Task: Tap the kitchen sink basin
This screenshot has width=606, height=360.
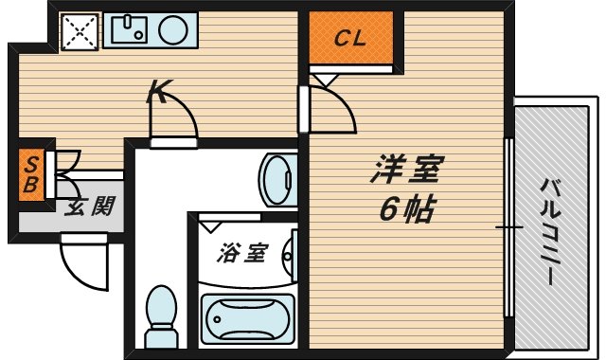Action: pos(129,32)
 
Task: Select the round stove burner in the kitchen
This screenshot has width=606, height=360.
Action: pos(173,32)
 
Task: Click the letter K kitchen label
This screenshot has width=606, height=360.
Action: pos(160,92)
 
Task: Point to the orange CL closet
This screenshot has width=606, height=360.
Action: pos(351,40)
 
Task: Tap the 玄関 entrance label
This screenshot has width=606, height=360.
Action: pos(88,207)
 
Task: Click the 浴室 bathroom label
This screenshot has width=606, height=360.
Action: pos(241,253)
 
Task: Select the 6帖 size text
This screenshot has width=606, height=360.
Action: pos(407,208)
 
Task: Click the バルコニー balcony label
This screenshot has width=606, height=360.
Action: pos(548,227)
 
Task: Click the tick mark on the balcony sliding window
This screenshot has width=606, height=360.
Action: pos(508,227)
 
